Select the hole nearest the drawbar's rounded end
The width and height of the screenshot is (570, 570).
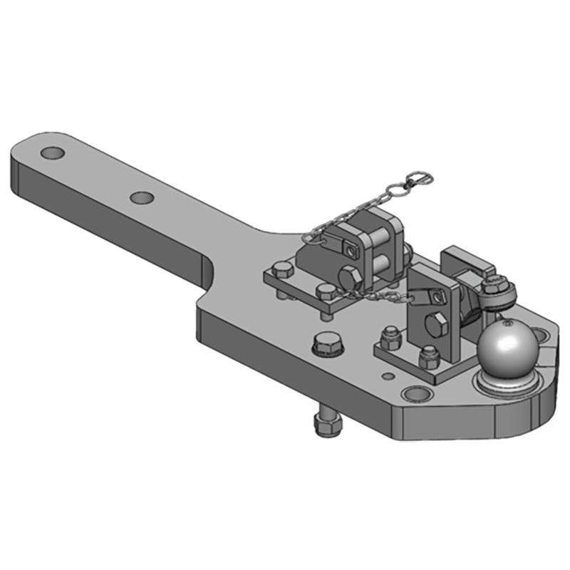(52, 152)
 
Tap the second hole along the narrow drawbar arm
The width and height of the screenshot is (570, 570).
(142, 197)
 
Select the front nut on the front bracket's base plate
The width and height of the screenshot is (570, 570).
(429, 356)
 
